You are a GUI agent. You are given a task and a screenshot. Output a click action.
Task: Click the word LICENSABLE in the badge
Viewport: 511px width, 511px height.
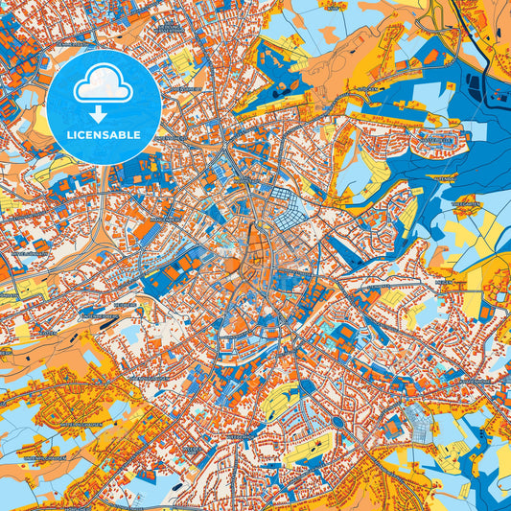(x=104, y=135)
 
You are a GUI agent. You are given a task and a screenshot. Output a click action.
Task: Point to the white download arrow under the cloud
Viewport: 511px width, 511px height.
(x=104, y=113)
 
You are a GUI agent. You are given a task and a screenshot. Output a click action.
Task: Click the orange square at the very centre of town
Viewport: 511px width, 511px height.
(x=235, y=265)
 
